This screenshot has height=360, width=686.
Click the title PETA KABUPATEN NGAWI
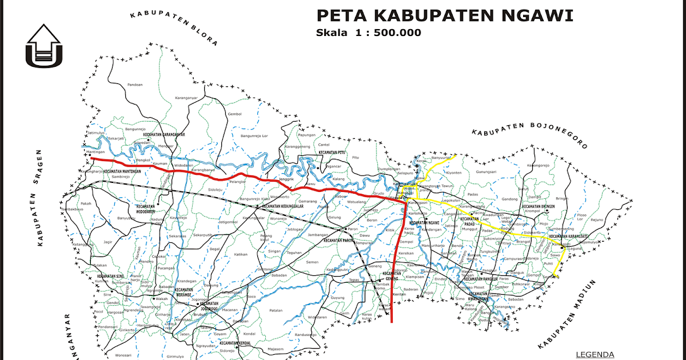click(x=445, y=15)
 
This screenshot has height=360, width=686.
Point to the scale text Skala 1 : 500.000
click(x=368, y=33)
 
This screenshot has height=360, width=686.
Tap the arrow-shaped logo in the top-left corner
click(x=44, y=45)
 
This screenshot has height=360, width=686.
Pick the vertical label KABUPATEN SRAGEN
click(x=41, y=197)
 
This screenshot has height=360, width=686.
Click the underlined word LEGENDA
click(x=595, y=355)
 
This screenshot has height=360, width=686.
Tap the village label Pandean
click(x=135, y=85)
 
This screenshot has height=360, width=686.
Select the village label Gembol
click(x=235, y=114)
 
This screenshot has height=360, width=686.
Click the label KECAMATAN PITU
click(x=334, y=153)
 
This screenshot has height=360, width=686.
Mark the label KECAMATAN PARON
click(x=339, y=241)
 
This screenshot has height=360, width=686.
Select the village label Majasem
click(x=276, y=349)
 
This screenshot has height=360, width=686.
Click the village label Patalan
click(x=276, y=310)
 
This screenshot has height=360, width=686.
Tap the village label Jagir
click(x=107, y=242)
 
